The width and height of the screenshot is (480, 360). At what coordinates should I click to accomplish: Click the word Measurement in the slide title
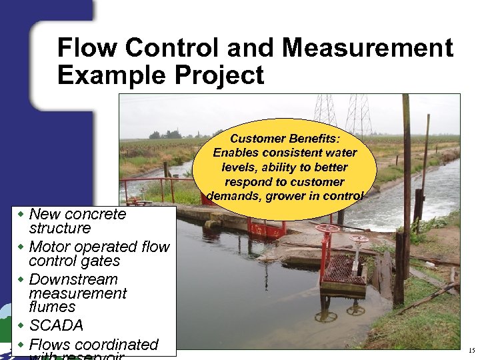[x=367, y=48]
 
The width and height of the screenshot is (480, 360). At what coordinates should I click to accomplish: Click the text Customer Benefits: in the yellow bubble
[x=285, y=139]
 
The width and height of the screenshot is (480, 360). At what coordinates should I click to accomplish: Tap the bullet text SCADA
[x=56, y=325]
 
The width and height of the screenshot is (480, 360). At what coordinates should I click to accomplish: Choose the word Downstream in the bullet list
[x=73, y=279]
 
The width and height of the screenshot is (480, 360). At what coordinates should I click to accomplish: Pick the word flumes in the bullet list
[x=53, y=307]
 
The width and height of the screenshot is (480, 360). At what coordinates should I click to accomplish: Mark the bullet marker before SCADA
[x=21, y=325]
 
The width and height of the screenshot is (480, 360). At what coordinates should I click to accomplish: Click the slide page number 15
[x=471, y=350]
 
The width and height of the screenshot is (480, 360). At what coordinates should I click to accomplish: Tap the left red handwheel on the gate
[x=327, y=229]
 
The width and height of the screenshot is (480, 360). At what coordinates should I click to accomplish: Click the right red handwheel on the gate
[x=359, y=239]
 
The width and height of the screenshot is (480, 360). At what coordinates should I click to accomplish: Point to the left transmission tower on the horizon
[x=325, y=110]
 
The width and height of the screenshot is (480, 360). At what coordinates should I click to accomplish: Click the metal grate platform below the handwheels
[x=343, y=270]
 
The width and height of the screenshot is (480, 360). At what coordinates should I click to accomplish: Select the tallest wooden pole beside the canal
[x=406, y=167]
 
